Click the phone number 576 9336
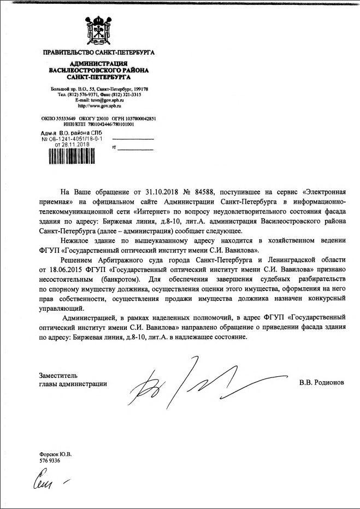pos(50,460)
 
